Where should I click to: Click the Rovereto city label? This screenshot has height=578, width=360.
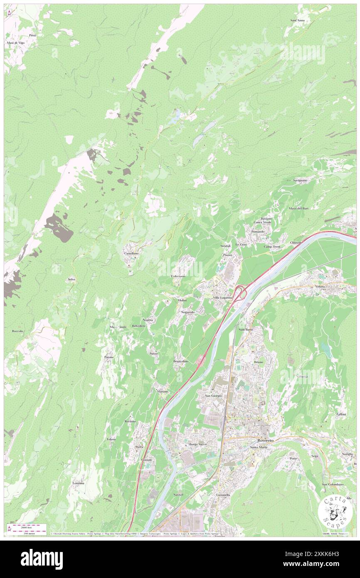point(265,440)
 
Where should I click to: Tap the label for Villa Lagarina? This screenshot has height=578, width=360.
point(222,298)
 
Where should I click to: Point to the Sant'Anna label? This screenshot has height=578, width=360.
point(297,20)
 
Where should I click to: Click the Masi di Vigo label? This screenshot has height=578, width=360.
point(15,43)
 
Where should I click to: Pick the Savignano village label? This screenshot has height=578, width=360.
point(300,180)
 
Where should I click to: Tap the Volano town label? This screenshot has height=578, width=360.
point(331,287)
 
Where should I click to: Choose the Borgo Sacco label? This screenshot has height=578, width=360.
point(198,445)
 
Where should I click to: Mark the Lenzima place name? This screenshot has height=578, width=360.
point(79,483)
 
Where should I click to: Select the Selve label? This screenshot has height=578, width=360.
point(72,279)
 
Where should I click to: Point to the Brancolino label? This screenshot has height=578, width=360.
point(181,361)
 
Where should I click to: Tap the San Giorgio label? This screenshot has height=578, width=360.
point(214,395)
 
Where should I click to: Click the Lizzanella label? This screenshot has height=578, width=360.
point(223,495)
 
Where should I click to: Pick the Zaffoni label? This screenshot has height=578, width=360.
point(341,414)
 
